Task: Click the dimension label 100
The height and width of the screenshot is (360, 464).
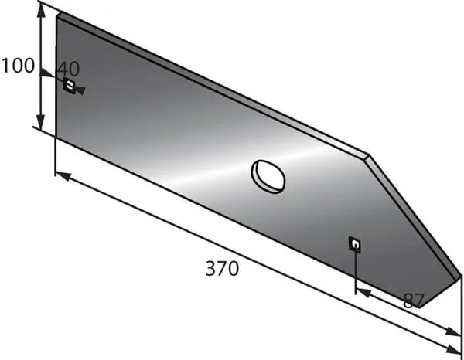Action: pyautogui.click(x=18, y=66)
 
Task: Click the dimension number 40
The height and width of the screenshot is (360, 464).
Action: pyautogui.click(x=68, y=69)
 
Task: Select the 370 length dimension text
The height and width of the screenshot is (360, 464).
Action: pyautogui.click(x=222, y=268)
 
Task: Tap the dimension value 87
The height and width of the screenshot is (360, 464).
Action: pyautogui.click(x=414, y=301)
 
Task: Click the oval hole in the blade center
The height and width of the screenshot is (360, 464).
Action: pyautogui.click(x=268, y=176)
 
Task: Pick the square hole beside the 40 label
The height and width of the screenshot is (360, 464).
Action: pyautogui.click(x=70, y=86)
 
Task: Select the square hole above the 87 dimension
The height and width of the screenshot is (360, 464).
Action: pyautogui.click(x=355, y=245)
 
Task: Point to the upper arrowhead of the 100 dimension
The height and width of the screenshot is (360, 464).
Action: pyautogui.click(x=42, y=12)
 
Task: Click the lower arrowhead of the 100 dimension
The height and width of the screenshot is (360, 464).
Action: pyautogui.click(x=41, y=122)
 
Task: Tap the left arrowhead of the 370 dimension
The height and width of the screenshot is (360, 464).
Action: pyautogui.click(x=63, y=176)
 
